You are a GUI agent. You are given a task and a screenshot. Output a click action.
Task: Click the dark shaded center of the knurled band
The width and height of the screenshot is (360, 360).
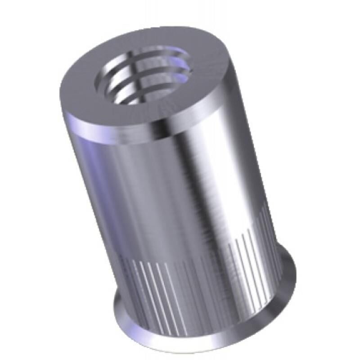(x=198, y=292)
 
